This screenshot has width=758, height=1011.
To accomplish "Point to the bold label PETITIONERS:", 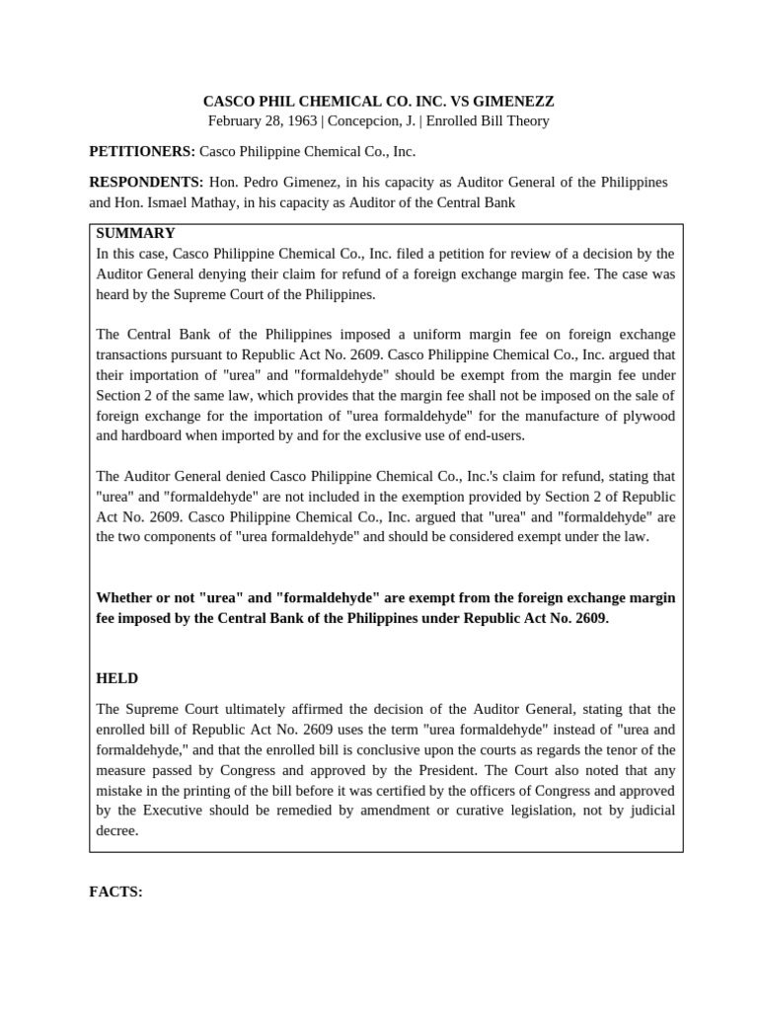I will click(141, 152).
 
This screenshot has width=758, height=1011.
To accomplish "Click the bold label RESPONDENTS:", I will click(146, 183).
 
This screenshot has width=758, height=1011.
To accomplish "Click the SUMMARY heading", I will click(135, 234).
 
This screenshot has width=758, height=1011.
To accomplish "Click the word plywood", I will click(648, 416).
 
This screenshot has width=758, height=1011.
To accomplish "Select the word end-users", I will click(471, 434).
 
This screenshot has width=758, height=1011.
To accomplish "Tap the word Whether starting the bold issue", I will click(126, 598).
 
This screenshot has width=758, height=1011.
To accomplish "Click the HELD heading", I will click(116, 678).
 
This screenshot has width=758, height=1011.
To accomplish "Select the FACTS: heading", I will click(115, 893).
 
